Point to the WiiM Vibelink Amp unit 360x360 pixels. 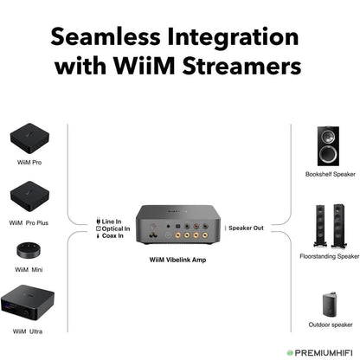coord(178,228)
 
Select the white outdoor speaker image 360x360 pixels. coord(327,299)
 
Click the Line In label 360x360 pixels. coord(111,221)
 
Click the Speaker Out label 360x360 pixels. coord(246,228)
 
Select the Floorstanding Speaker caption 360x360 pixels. coord(329,256)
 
